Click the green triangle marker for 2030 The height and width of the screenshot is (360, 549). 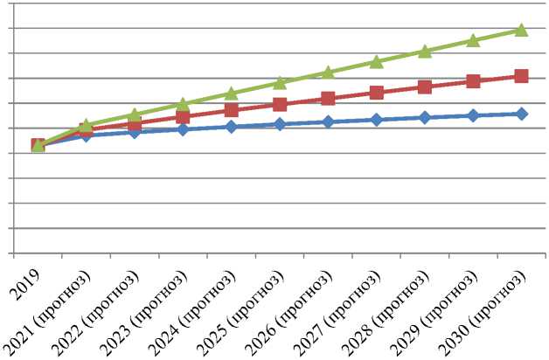click(x=521, y=30)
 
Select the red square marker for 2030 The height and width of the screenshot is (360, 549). click(x=521, y=76)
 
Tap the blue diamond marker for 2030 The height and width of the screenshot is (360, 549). click(x=521, y=114)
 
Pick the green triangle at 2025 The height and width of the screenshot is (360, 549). click(x=280, y=83)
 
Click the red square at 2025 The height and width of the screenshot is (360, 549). click(x=280, y=105)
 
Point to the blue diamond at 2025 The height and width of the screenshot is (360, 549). click(x=280, y=124)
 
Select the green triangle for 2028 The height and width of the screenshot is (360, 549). click(x=425, y=52)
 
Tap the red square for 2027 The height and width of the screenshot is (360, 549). click(x=377, y=93)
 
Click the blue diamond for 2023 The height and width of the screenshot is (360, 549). click(x=183, y=129)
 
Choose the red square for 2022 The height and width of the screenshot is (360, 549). click(x=135, y=123)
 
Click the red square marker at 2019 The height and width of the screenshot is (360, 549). click(x=38, y=145)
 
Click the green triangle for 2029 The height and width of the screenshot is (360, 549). click(x=473, y=40)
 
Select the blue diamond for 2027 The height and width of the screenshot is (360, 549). click(x=377, y=119)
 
